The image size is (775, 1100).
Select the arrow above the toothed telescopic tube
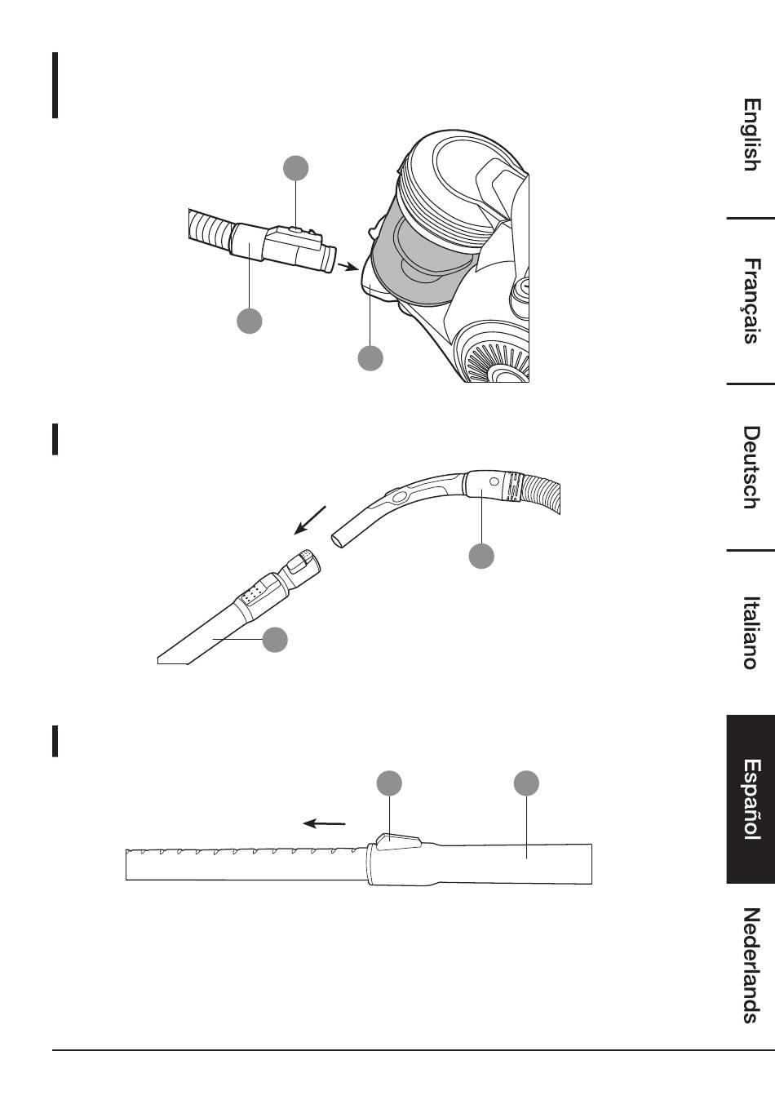(x=324, y=823)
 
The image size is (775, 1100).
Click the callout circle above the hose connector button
(x=296, y=168)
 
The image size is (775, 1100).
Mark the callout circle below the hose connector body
(x=249, y=320)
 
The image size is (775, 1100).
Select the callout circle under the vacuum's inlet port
(x=370, y=357)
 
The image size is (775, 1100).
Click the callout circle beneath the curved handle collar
(x=481, y=556)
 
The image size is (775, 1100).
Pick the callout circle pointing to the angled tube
(x=275, y=640)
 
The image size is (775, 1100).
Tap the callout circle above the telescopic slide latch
(x=389, y=783)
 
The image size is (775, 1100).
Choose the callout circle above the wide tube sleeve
(x=526, y=783)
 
